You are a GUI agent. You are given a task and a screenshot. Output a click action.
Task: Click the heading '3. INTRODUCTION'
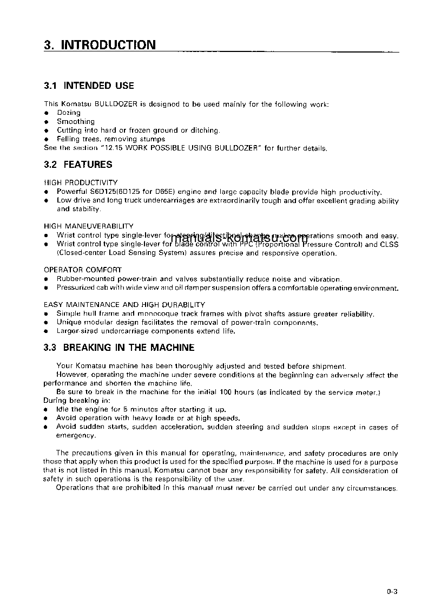pyautogui.click(x=100, y=45)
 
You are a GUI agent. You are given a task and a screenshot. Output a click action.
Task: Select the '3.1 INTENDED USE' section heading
pyautogui.click(x=89, y=86)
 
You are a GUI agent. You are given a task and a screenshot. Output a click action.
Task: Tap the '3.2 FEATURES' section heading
pyautogui.click(x=78, y=165)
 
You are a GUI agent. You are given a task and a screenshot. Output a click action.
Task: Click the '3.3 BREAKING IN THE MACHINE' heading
pyautogui.click(x=119, y=348)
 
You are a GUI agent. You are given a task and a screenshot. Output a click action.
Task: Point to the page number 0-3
pyautogui.click(x=392, y=592)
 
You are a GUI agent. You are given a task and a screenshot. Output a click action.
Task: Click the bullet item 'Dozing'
pyautogui.click(x=69, y=113)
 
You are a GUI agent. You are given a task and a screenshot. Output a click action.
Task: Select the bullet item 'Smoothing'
pyautogui.click(x=76, y=122)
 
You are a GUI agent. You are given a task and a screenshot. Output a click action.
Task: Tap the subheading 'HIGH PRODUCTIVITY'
pyautogui.click(x=81, y=183)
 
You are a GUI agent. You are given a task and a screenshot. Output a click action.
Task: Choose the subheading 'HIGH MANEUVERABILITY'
pyautogui.click(x=89, y=226)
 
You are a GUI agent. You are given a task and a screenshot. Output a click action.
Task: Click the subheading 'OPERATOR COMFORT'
pyautogui.click(x=83, y=270)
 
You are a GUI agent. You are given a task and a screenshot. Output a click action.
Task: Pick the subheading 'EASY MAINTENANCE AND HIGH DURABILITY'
pyautogui.click(x=124, y=305)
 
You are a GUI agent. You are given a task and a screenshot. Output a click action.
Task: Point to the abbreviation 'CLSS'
pyautogui.click(x=389, y=245)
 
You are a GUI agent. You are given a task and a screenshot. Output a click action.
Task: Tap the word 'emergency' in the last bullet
pyautogui.click(x=76, y=435)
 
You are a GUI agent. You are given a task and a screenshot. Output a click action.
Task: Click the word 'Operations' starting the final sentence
pyautogui.click(x=75, y=488)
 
